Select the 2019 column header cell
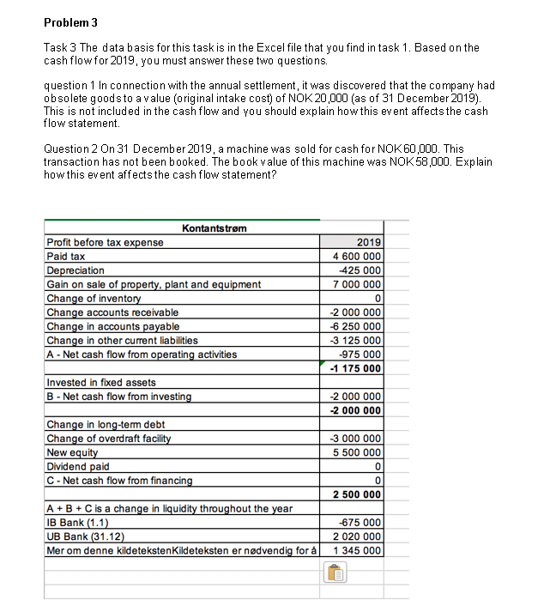coord(369,242)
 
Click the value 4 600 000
coord(356,256)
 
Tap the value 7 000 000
coord(356,284)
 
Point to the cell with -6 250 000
coord(356,326)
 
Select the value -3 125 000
coord(356,340)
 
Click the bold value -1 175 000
coord(356,368)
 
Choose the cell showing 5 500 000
coord(356,452)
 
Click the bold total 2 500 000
coord(356,494)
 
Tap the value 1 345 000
coord(356,550)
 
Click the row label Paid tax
coord(65,256)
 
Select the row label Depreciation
coord(75,270)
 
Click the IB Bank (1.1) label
coord(77,522)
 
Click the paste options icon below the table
coord(331,574)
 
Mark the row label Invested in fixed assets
coord(100,382)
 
